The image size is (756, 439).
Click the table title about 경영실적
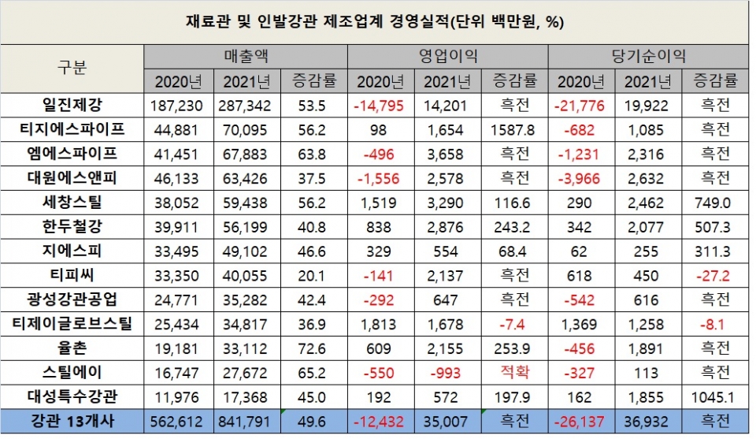tap(379, 21)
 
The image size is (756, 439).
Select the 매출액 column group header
tap(246, 57)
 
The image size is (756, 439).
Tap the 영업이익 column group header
tap(448, 57)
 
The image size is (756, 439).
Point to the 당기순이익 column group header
tap(648, 57)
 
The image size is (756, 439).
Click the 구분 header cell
tap(72, 68)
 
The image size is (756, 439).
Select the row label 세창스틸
tap(72, 203)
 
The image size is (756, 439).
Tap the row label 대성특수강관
tap(72, 396)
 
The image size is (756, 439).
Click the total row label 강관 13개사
tap(72, 422)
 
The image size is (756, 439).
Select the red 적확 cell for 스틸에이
tap(515, 372)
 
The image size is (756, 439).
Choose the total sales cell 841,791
tap(247, 422)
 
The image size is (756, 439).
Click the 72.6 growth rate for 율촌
tap(314, 348)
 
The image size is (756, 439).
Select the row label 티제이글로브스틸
tap(72, 323)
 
